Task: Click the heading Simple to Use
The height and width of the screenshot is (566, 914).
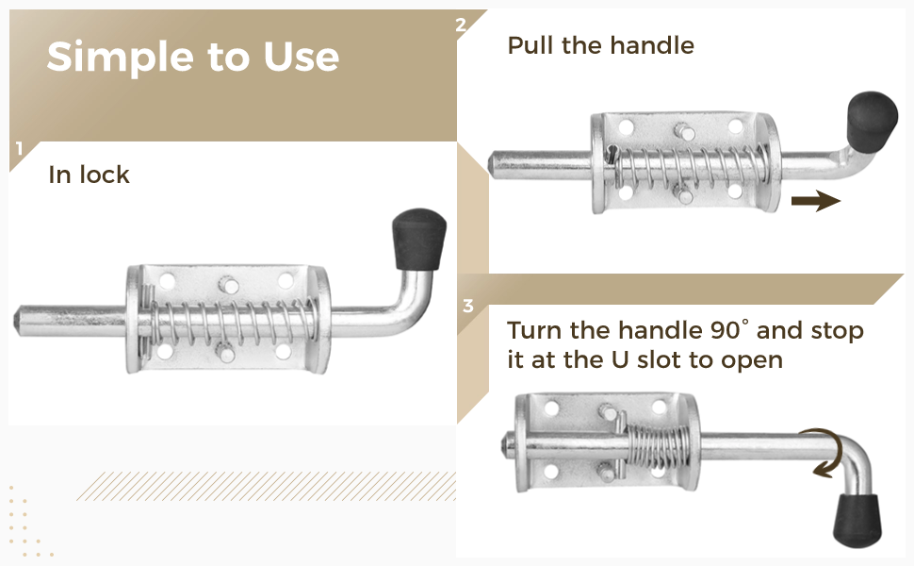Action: point(192,57)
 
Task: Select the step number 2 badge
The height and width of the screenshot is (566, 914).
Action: point(461,25)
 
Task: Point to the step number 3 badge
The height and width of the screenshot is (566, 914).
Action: point(468,307)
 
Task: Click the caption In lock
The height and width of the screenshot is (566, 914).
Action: point(89,175)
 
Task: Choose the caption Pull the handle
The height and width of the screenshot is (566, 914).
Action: point(600,45)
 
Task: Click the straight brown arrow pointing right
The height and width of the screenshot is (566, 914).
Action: point(815,200)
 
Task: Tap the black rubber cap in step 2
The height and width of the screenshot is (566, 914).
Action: point(873,123)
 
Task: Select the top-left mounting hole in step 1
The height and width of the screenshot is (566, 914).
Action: point(167,280)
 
